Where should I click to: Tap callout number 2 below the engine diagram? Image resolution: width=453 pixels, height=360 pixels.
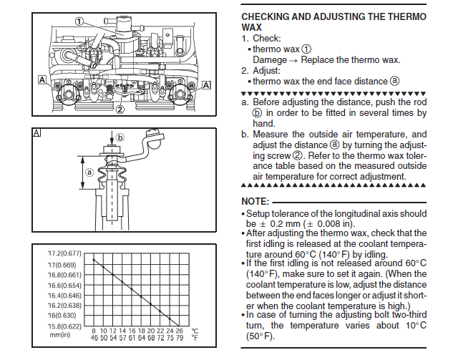point(120,110)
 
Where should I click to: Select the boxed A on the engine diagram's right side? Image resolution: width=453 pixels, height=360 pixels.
point(207,84)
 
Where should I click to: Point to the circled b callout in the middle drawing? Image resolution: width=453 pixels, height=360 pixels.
point(121,137)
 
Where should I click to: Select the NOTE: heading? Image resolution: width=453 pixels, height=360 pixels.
point(255,202)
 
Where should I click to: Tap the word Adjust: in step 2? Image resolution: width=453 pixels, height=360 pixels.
point(267,70)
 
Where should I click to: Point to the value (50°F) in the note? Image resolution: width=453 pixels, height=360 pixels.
point(259,335)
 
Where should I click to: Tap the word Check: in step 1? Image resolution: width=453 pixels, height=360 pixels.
point(266,38)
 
